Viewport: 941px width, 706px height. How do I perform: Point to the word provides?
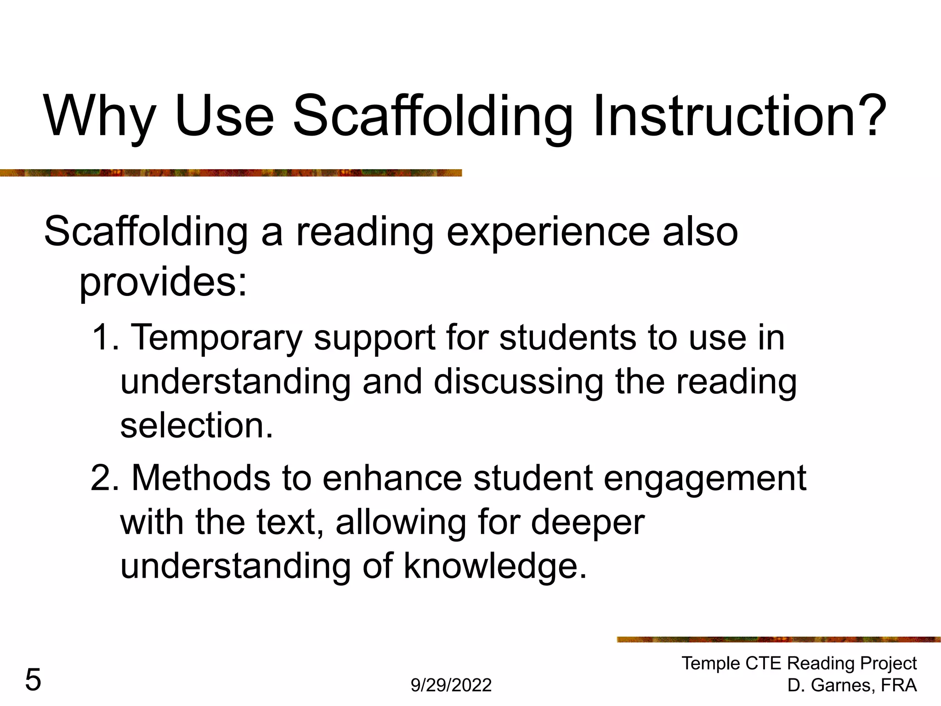point(163,281)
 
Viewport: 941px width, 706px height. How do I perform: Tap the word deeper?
point(588,523)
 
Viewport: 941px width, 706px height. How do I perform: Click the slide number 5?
point(33,680)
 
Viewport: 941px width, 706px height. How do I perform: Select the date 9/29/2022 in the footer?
point(451,685)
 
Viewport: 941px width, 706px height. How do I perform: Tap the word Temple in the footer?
point(710,663)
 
